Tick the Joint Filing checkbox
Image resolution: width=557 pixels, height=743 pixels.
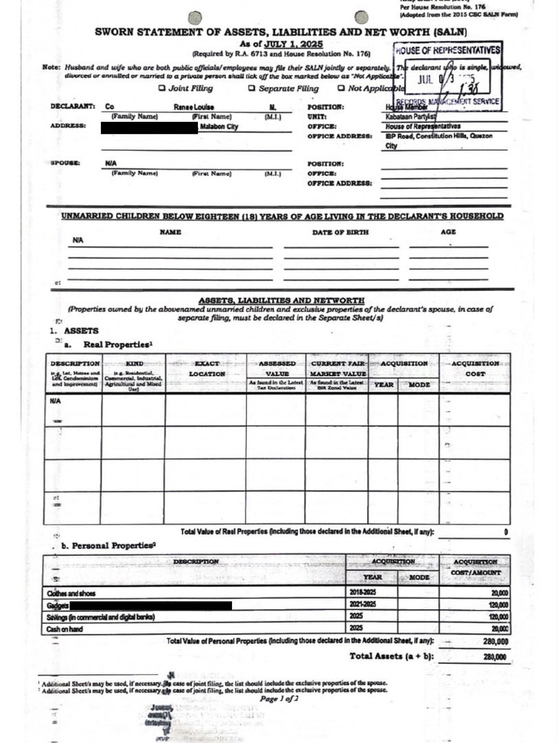point(162,89)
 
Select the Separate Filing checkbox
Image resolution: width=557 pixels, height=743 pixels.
point(252,89)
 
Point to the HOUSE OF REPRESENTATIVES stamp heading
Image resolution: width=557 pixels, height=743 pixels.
point(447,50)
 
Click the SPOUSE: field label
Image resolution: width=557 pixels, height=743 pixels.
point(65,164)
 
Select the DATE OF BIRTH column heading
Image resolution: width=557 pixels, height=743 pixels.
point(340,232)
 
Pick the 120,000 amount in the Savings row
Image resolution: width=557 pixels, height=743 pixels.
point(498,617)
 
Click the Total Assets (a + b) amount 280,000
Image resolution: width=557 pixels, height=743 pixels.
point(493,657)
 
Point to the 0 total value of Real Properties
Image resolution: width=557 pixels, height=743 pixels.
point(505,533)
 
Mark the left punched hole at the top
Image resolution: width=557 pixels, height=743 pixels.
point(193,17)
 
